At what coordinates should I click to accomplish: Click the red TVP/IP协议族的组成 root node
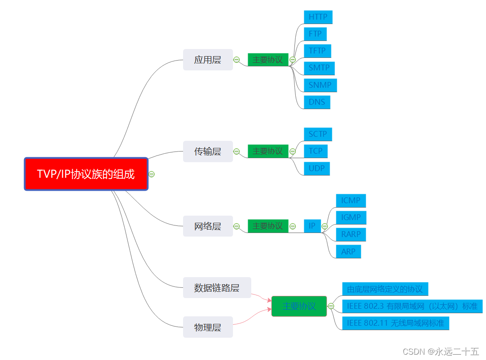(86, 174)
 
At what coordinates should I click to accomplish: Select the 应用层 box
(208, 60)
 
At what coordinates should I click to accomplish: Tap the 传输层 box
(208, 151)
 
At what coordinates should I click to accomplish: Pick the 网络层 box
(208, 226)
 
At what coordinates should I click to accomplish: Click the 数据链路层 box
(217, 287)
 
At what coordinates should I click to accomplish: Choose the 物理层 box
(208, 327)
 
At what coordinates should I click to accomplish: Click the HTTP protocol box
(318, 17)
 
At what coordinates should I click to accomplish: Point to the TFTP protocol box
(317, 51)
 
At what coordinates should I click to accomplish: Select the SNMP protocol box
(320, 85)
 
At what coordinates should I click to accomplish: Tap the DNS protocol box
(317, 102)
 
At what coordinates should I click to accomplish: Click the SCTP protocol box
(318, 134)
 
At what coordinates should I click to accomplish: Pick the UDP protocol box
(317, 168)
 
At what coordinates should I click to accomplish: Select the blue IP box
(312, 226)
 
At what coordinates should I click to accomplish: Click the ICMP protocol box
(351, 200)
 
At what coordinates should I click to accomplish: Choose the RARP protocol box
(351, 234)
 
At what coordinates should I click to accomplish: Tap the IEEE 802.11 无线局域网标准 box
(395, 323)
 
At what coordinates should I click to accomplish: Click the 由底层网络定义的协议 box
(385, 289)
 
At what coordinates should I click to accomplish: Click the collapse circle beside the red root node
(151, 174)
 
